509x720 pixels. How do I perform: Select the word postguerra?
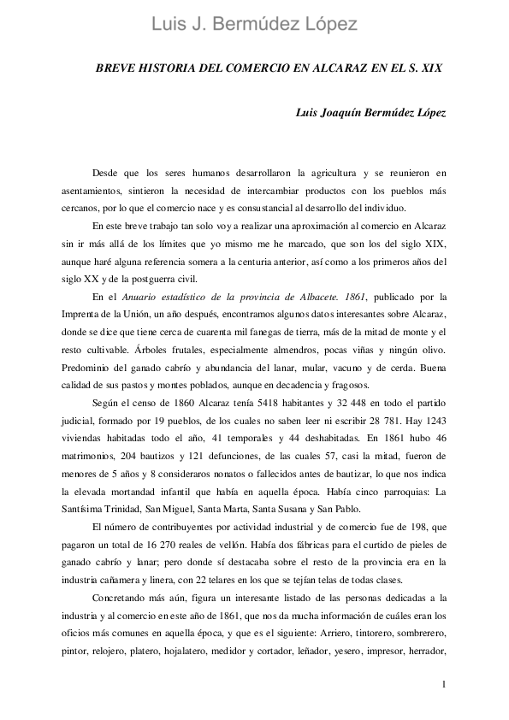(152, 278)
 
